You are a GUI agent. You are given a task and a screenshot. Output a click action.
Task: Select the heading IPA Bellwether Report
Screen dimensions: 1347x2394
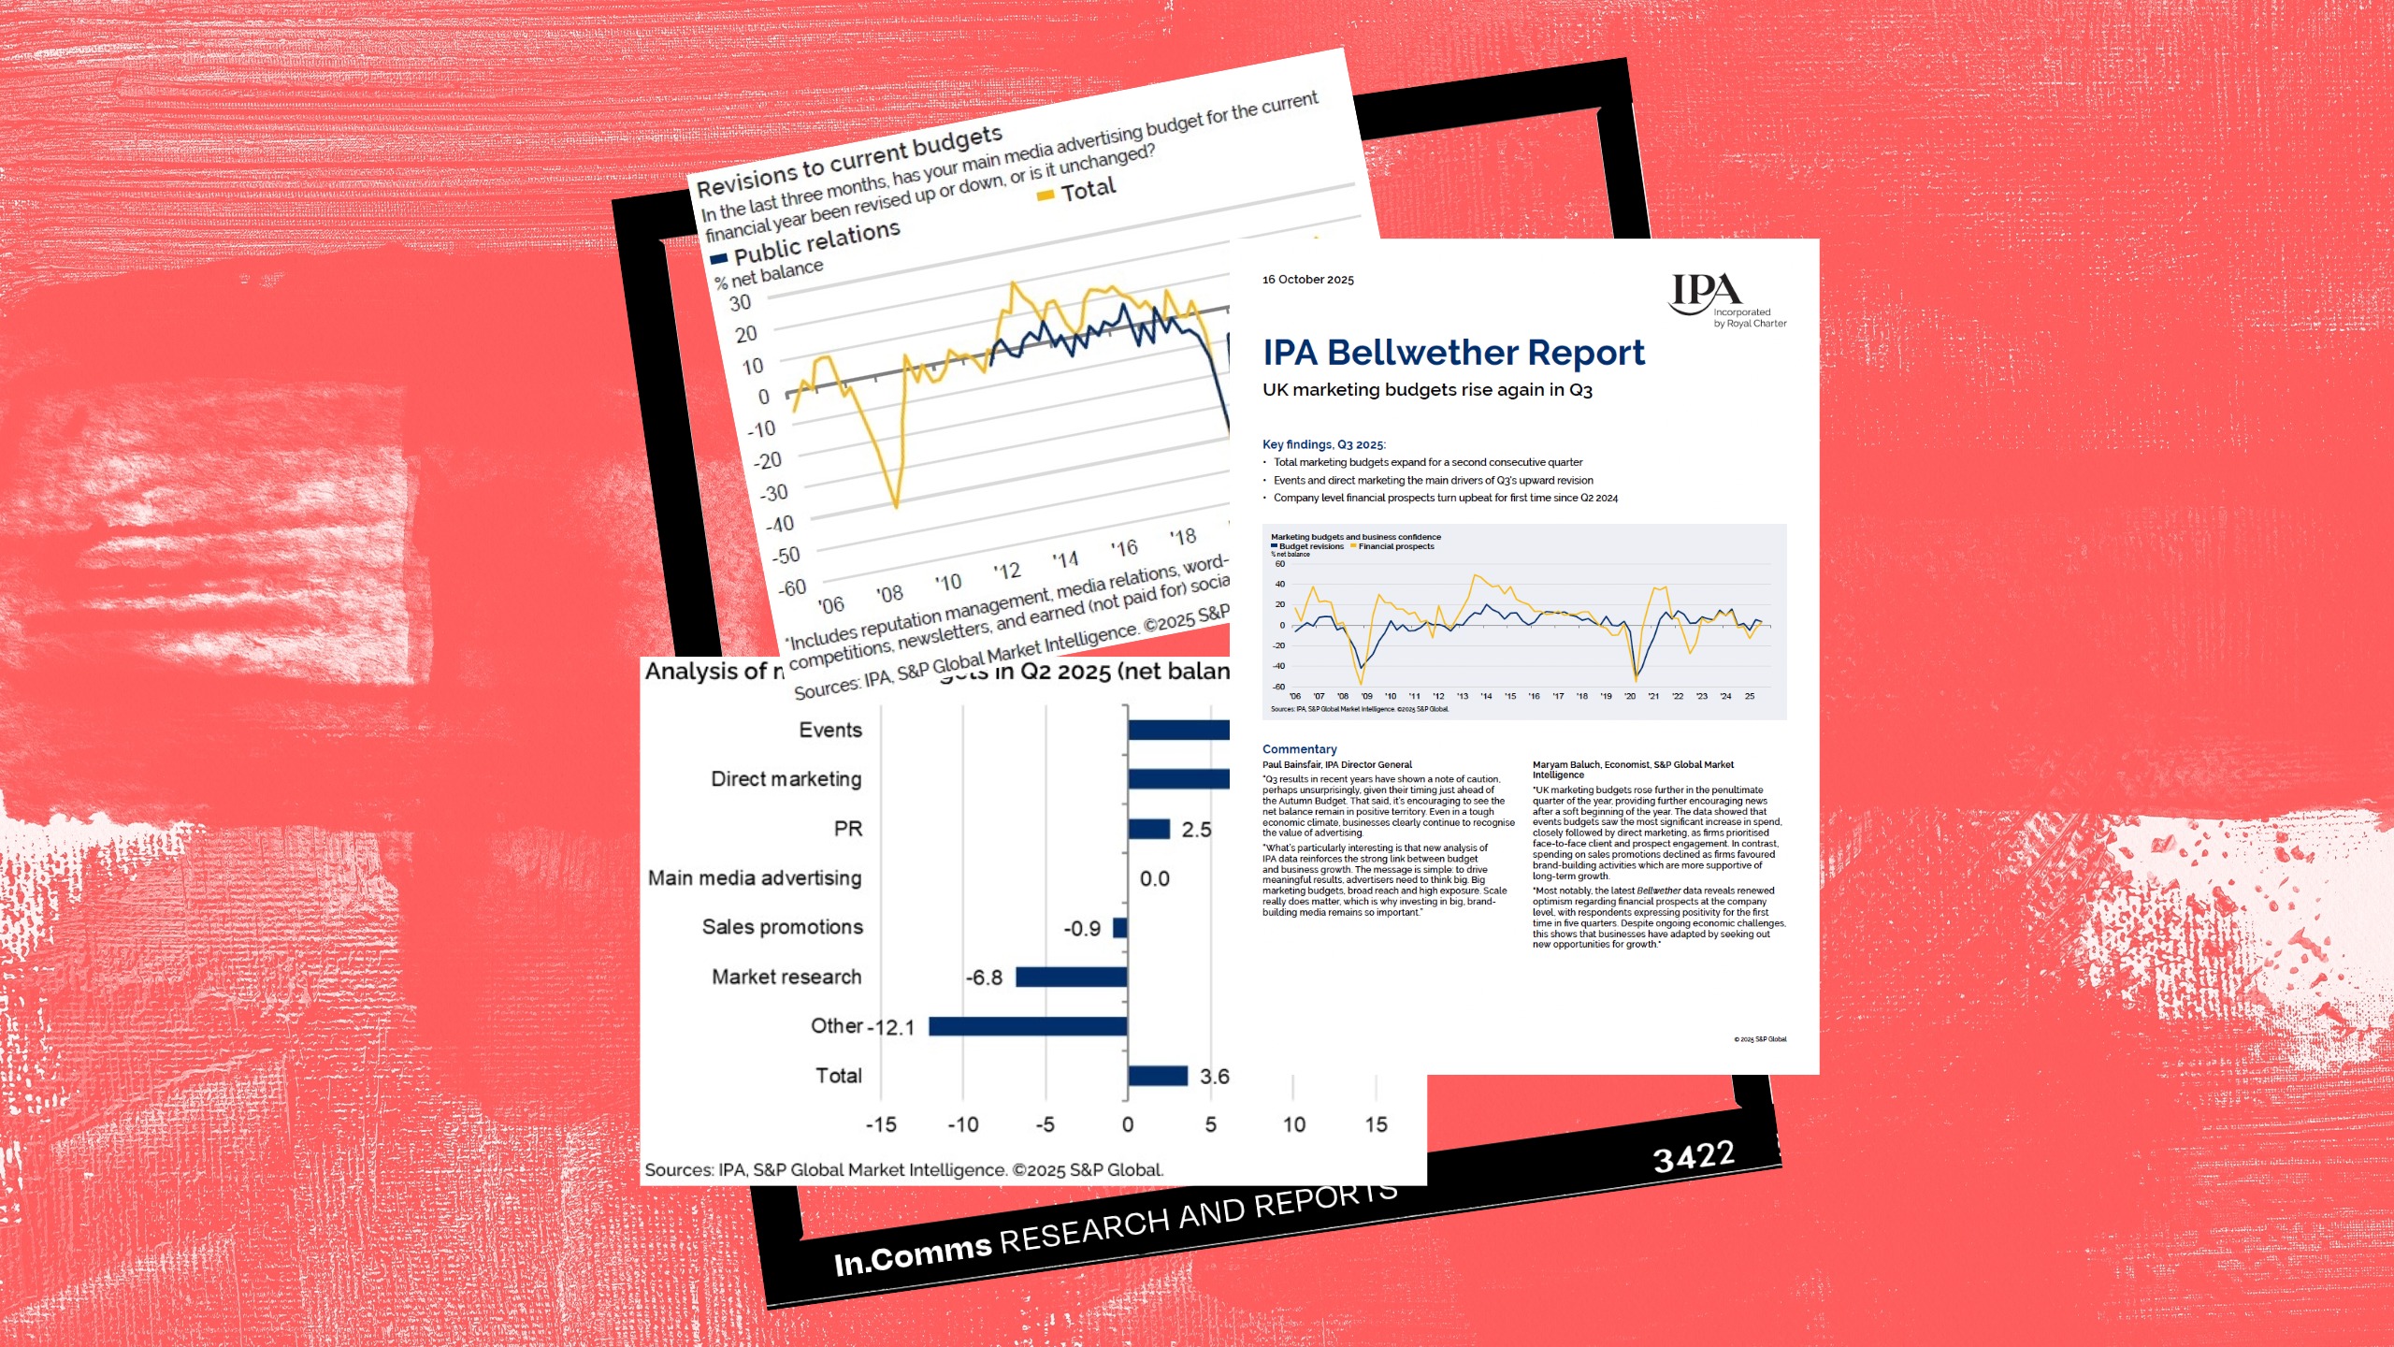tap(1453, 353)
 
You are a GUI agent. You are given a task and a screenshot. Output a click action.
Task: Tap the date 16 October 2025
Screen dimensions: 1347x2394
tap(1307, 280)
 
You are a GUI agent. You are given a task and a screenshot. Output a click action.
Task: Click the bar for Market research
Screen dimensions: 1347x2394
tap(1071, 977)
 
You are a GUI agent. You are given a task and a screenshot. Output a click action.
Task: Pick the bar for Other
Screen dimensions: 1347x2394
tap(1028, 1026)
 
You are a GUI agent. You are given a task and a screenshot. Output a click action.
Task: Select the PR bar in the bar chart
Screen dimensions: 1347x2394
tap(1148, 829)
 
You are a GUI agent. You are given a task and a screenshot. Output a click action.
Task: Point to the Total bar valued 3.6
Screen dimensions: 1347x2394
tap(1157, 1076)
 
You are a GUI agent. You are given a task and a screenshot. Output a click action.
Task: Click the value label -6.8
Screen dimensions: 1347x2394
tap(984, 978)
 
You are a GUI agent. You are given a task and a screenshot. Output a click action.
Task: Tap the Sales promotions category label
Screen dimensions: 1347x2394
tap(782, 927)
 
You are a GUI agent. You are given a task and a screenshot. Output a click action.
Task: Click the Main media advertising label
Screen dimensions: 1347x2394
tap(755, 878)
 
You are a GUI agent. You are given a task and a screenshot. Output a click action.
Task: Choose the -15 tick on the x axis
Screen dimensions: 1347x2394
tap(881, 1124)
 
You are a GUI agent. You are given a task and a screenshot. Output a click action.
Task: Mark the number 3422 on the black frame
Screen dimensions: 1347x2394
tap(1694, 1156)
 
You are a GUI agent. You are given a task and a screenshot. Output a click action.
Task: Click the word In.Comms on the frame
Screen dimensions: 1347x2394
tap(912, 1254)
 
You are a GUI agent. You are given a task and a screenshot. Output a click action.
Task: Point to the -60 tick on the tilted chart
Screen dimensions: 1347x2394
tap(792, 588)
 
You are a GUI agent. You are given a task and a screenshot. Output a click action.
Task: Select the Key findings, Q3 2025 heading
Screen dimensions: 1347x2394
tap(1323, 444)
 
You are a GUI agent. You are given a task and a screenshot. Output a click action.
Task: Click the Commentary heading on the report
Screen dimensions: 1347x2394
tap(1299, 749)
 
